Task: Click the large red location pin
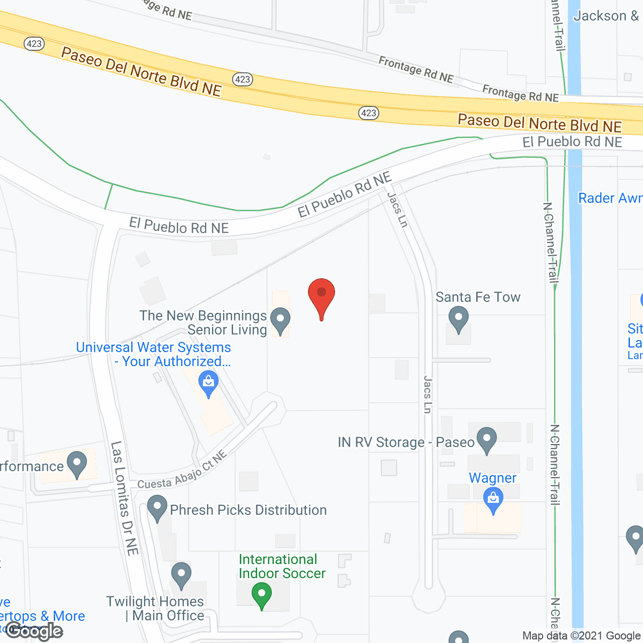point(321,294)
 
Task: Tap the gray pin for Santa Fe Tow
point(458,319)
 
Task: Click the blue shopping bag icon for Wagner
point(493,500)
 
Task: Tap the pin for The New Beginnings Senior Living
point(280,320)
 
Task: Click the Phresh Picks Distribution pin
point(157,508)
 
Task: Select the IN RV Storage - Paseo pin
point(486,440)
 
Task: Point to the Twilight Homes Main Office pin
point(181,575)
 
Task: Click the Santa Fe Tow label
point(478,297)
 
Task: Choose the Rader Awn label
point(610,198)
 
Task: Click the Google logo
point(34,631)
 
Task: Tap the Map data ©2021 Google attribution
point(581,636)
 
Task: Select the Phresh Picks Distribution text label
point(248,510)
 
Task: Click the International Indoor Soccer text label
point(282,567)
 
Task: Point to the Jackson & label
point(606,16)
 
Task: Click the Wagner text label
point(492,478)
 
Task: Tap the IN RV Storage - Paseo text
point(406,443)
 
